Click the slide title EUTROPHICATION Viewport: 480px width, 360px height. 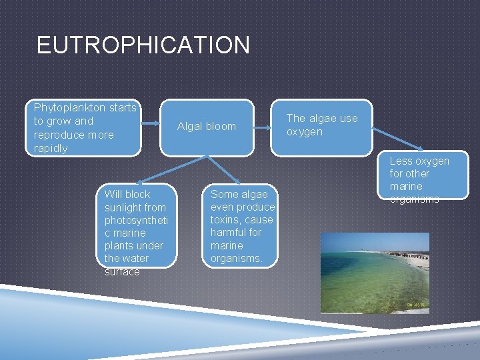click(x=143, y=45)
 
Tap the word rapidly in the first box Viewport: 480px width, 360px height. click(x=51, y=148)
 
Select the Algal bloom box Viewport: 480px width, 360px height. click(x=207, y=127)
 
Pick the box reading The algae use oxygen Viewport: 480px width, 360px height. click(x=322, y=125)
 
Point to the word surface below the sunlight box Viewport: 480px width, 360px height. click(x=122, y=272)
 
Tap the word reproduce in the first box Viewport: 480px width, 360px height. click(x=59, y=135)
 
